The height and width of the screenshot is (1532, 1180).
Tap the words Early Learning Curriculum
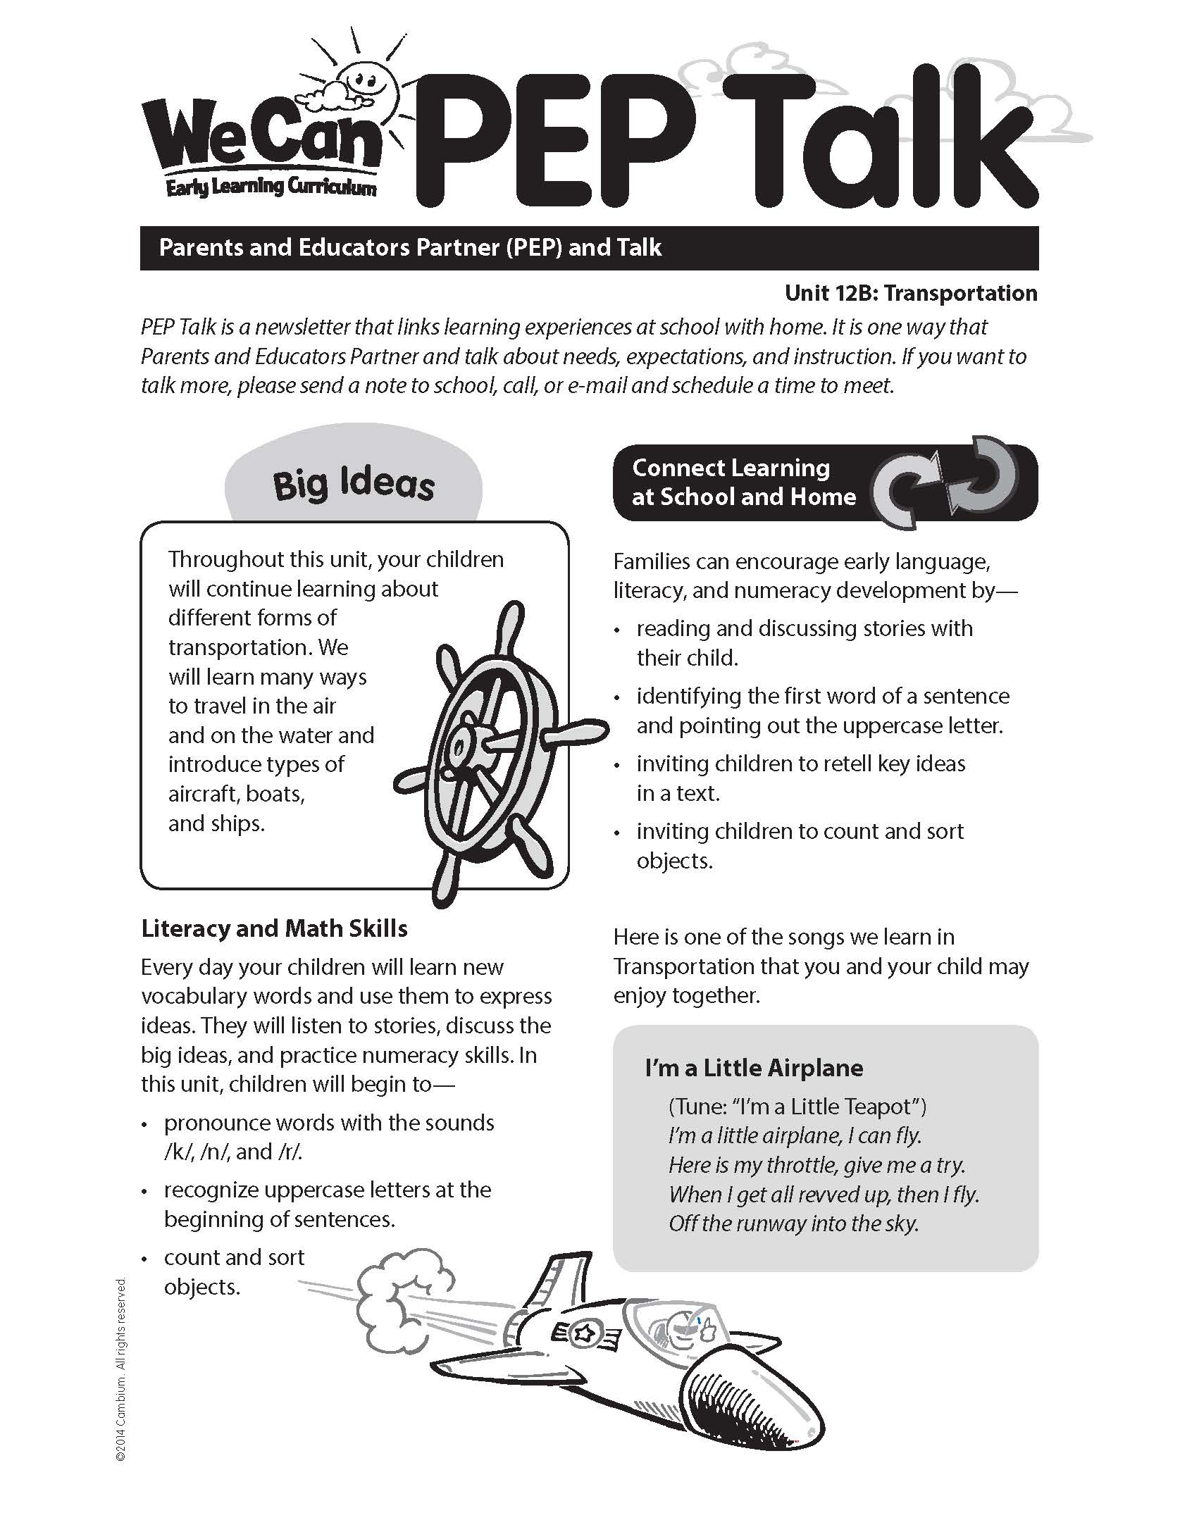pyautogui.click(x=271, y=187)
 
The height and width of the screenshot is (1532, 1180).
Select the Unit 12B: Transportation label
pyautogui.click(x=911, y=293)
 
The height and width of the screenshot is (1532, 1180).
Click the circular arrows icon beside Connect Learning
pyautogui.click(x=945, y=482)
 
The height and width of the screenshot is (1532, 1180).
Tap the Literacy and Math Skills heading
pyautogui.click(x=274, y=928)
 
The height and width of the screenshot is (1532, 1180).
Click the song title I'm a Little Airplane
pyautogui.click(x=754, y=1068)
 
